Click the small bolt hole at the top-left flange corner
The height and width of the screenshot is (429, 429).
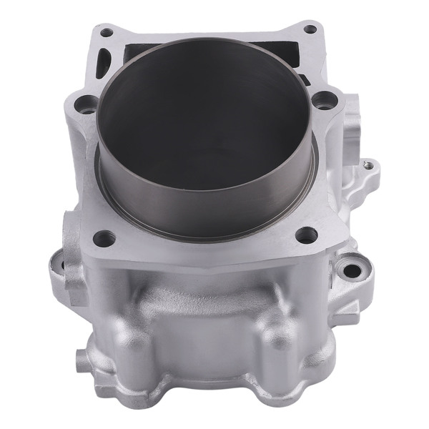106,32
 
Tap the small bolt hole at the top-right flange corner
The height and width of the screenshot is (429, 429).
310,29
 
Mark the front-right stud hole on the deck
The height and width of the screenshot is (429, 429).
306,234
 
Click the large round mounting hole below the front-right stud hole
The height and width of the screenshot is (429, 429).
350,270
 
